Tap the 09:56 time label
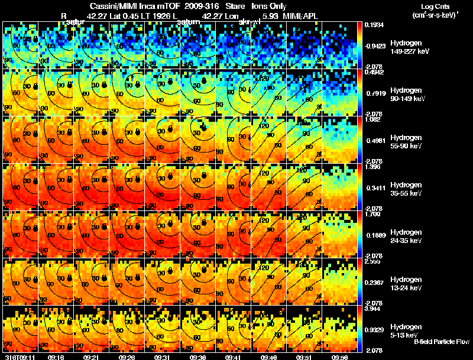click(340, 357)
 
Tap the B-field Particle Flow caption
click(441, 342)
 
